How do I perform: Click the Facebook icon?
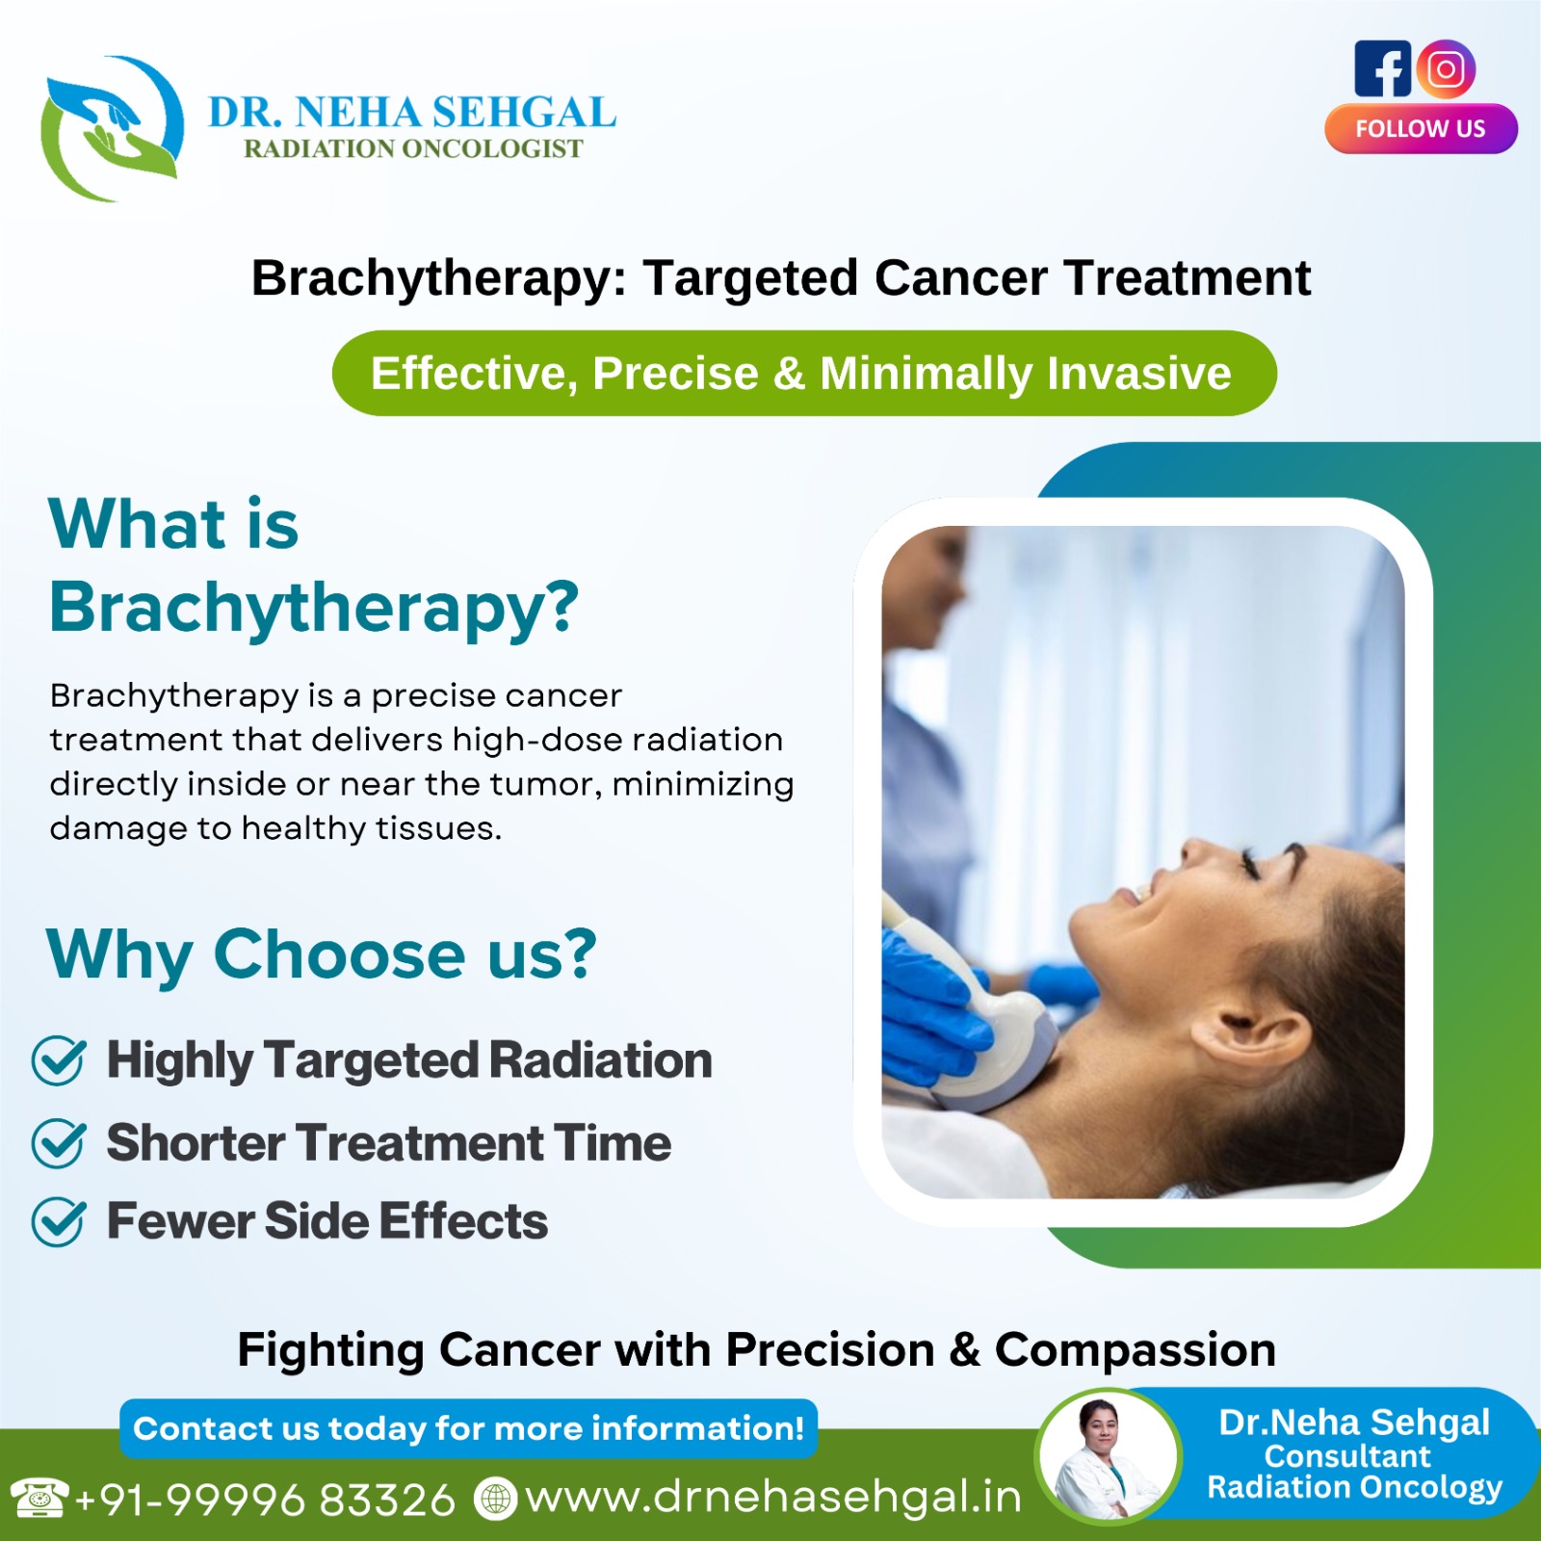pyautogui.click(x=1382, y=68)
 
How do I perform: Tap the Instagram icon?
pyautogui.click(x=1446, y=68)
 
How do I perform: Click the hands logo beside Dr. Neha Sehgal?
pyautogui.click(x=112, y=128)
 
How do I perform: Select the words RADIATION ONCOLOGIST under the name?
pyautogui.click(x=413, y=148)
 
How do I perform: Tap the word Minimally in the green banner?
pyautogui.click(x=926, y=375)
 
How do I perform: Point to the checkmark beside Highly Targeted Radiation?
pyautogui.click(x=60, y=1060)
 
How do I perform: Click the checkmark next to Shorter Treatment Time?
pyautogui.click(x=60, y=1143)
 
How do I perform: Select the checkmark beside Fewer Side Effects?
pyautogui.click(x=60, y=1222)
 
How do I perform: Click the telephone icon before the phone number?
pyautogui.click(x=39, y=1498)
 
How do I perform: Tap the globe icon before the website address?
pyautogui.click(x=496, y=1499)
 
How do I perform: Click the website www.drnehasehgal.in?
pyautogui.click(x=773, y=1498)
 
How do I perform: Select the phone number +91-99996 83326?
pyautogui.click(x=265, y=1500)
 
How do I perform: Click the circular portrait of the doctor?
pyautogui.click(x=1109, y=1456)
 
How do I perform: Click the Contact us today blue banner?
pyautogui.click(x=468, y=1428)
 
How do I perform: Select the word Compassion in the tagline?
pyautogui.click(x=1136, y=1349)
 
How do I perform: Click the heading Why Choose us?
pyautogui.click(x=322, y=955)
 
